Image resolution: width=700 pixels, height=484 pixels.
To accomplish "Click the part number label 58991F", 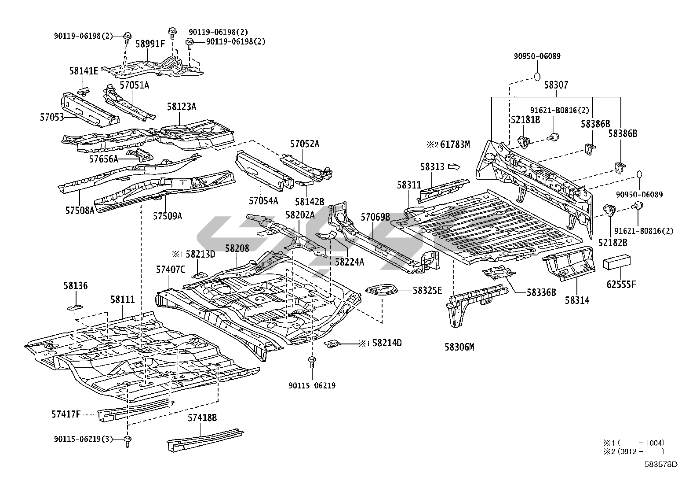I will (150, 44).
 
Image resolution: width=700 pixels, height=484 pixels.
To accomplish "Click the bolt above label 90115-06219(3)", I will (128, 441).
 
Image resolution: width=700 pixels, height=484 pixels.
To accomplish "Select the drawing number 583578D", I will (661, 464).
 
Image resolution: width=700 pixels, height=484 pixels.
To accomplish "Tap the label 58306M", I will (459, 347).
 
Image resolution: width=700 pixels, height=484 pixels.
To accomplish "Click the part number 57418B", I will (202, 417).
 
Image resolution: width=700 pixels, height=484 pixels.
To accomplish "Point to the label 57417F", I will (66, 414).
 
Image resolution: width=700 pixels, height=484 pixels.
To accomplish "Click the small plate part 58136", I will (75, 307).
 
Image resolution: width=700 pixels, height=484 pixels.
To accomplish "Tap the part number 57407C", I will (171, 269).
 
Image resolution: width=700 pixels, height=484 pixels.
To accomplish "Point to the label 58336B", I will (541, 292).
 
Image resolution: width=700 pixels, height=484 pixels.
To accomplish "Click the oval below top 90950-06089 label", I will (537, 77).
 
